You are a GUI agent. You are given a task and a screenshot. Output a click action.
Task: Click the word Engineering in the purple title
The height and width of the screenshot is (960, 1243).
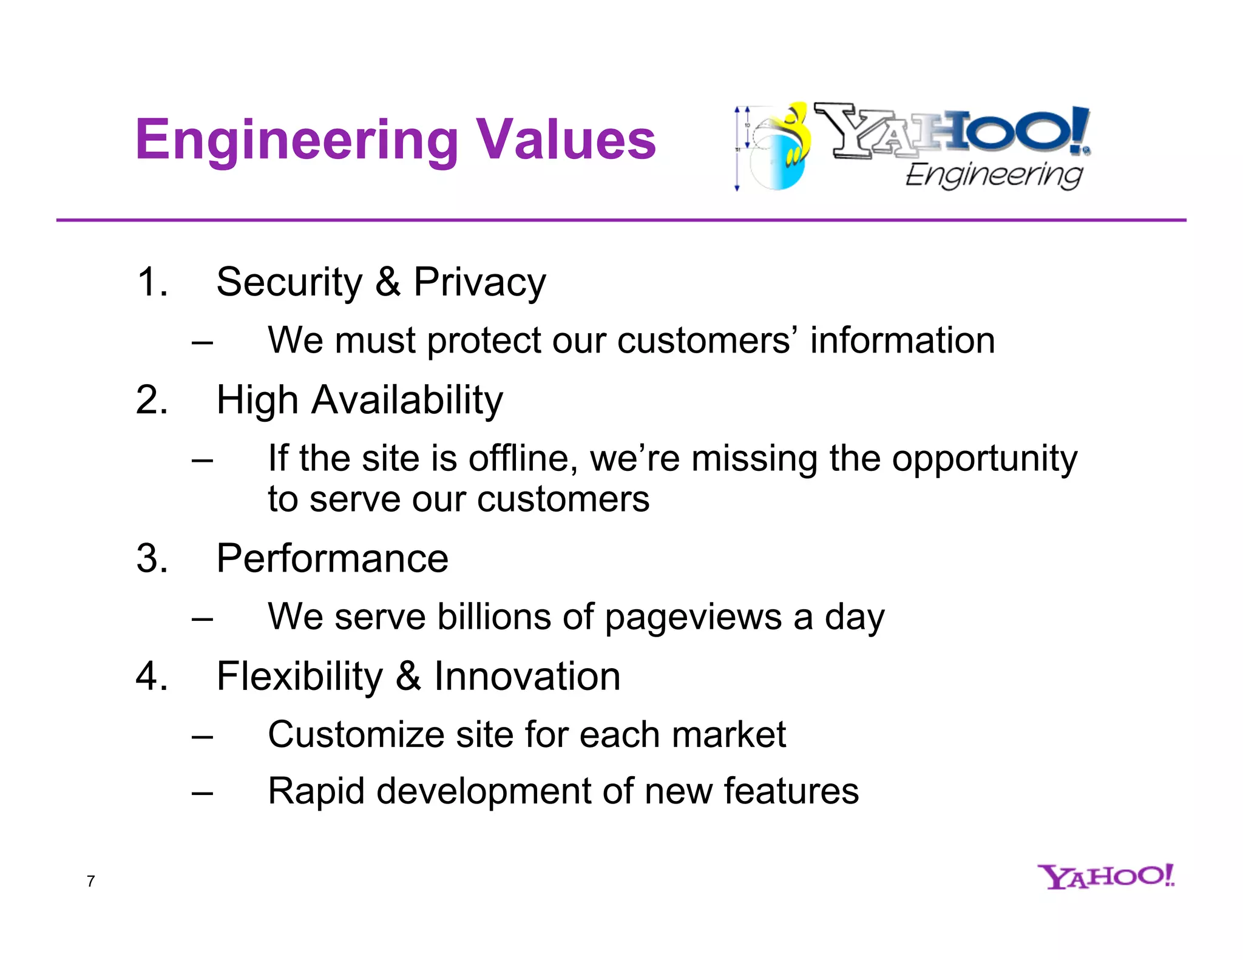pos(297,141)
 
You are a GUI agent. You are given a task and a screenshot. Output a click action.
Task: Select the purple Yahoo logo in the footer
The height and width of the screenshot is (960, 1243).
pos(1106,876)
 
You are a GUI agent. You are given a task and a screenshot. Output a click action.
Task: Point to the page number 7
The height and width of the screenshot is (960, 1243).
pos(91,881)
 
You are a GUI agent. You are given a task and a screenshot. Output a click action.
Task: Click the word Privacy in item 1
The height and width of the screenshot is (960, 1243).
pos(479,283)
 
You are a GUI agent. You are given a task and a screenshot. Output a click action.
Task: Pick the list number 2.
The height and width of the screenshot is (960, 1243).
pos(151,400)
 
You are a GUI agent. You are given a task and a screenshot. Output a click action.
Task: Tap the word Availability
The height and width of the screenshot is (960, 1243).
pos(407,401)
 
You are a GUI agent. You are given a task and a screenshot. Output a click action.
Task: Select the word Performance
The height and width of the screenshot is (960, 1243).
pos(332,558)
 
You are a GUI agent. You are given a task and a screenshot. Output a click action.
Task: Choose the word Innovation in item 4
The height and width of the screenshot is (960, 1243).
pos(527,676)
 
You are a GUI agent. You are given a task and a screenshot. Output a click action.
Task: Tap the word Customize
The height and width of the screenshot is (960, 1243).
pos(356,734)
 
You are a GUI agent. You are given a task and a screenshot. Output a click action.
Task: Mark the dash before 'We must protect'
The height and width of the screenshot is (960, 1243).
pos(202,342)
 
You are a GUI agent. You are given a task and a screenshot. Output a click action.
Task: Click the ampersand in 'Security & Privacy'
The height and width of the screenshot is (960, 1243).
pos(388,282)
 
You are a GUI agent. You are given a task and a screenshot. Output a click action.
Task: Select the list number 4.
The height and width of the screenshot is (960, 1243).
pos(151,676)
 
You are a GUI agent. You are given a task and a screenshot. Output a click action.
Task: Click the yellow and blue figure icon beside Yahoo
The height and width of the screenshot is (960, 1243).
pos(783,149)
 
